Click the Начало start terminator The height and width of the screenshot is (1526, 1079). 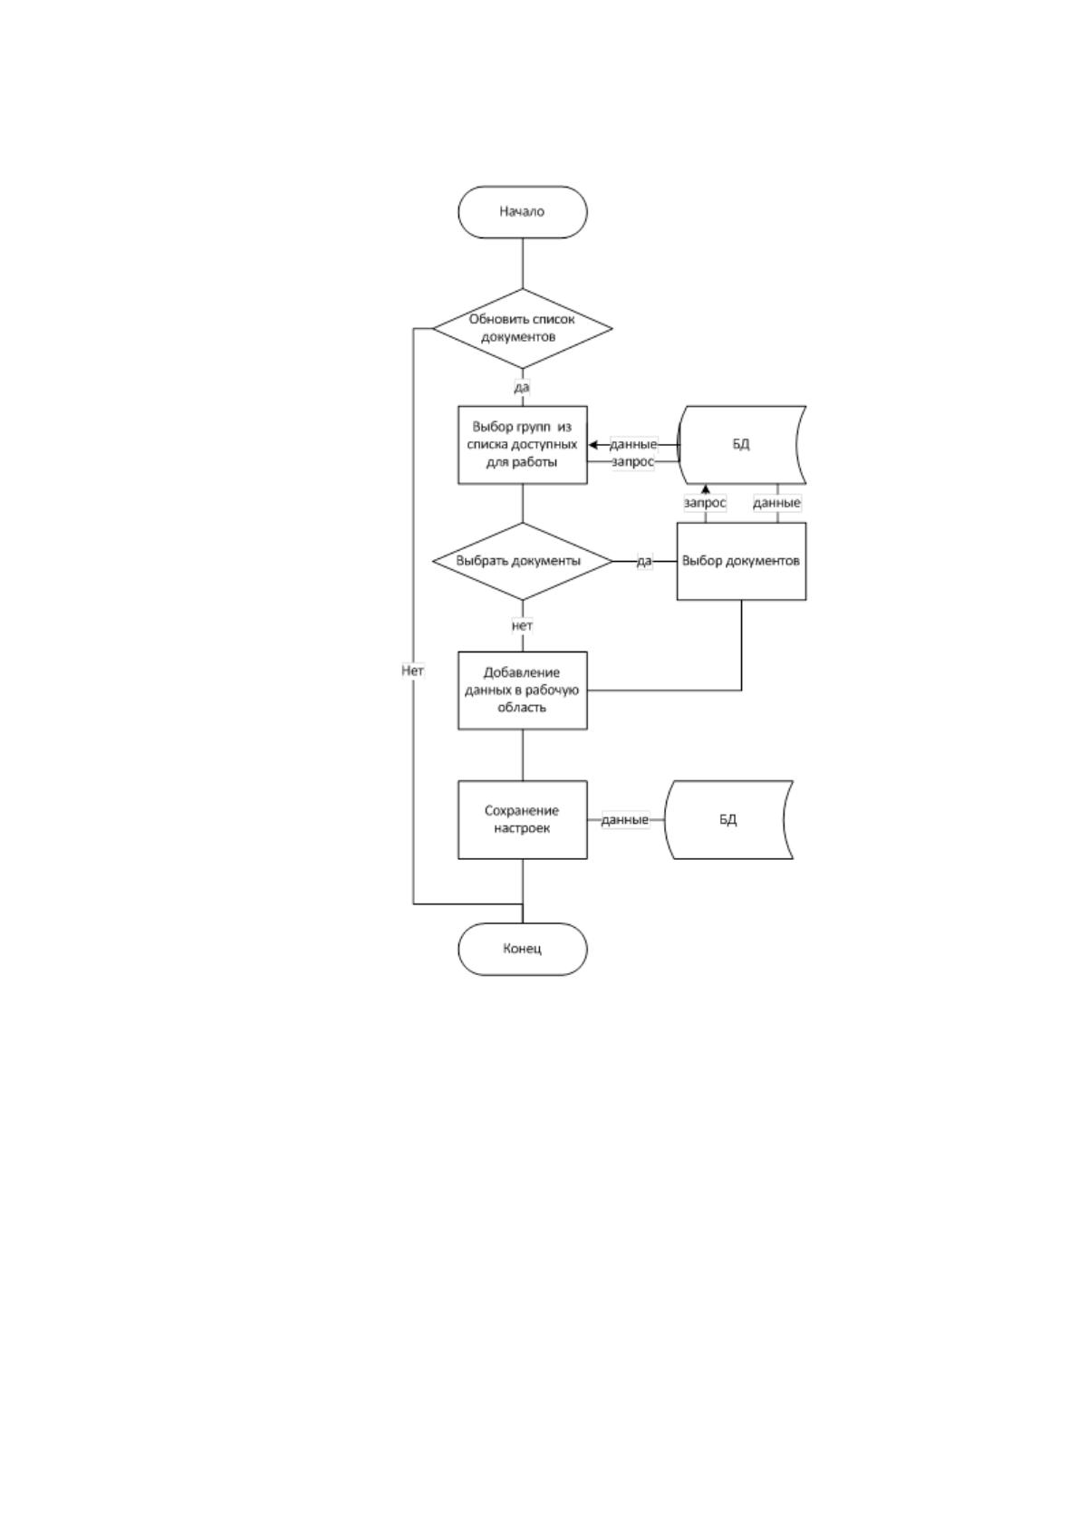pyautogui.click(x=523, y=212)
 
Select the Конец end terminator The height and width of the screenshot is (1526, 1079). pyautogui.click(x=523, y=949)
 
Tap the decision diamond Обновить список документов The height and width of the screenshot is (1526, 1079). pyautogui.click(x=523, y=328)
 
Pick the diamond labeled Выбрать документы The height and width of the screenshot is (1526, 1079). pyautogui.click(x=523, y=561)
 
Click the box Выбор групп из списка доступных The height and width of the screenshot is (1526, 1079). pyautogui.click(x=523, y=445)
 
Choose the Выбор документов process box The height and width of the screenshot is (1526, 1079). pyautogui.click(x=741, y=561)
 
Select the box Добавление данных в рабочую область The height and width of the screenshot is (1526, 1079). pyautogui.click(x=523, y=691)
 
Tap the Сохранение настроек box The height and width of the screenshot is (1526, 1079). pyautogui.click(x=523, y=819)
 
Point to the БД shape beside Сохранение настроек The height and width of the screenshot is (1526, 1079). pyautogui.click(x=728, y=819)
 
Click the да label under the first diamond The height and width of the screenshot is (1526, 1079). pyautogui.click(x=522, y=387)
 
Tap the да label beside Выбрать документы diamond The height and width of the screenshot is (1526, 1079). pyautogui.click(x=644, y=561)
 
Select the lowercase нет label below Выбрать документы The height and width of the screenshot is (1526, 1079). pyautogui.click(x=523, y=625)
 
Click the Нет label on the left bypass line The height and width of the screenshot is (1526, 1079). pyautogui.click(x=413, y=671)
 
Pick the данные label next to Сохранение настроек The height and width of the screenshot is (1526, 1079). pyautogui.click(x=624, y=819)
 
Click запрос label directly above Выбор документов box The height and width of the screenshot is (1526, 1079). pyautogui.click(x=705, y=503)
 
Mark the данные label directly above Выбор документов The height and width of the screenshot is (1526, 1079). pyautogui.click(x=776, y=503)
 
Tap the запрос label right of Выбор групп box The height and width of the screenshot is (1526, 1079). pyautogui.click(x=633, y=462)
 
